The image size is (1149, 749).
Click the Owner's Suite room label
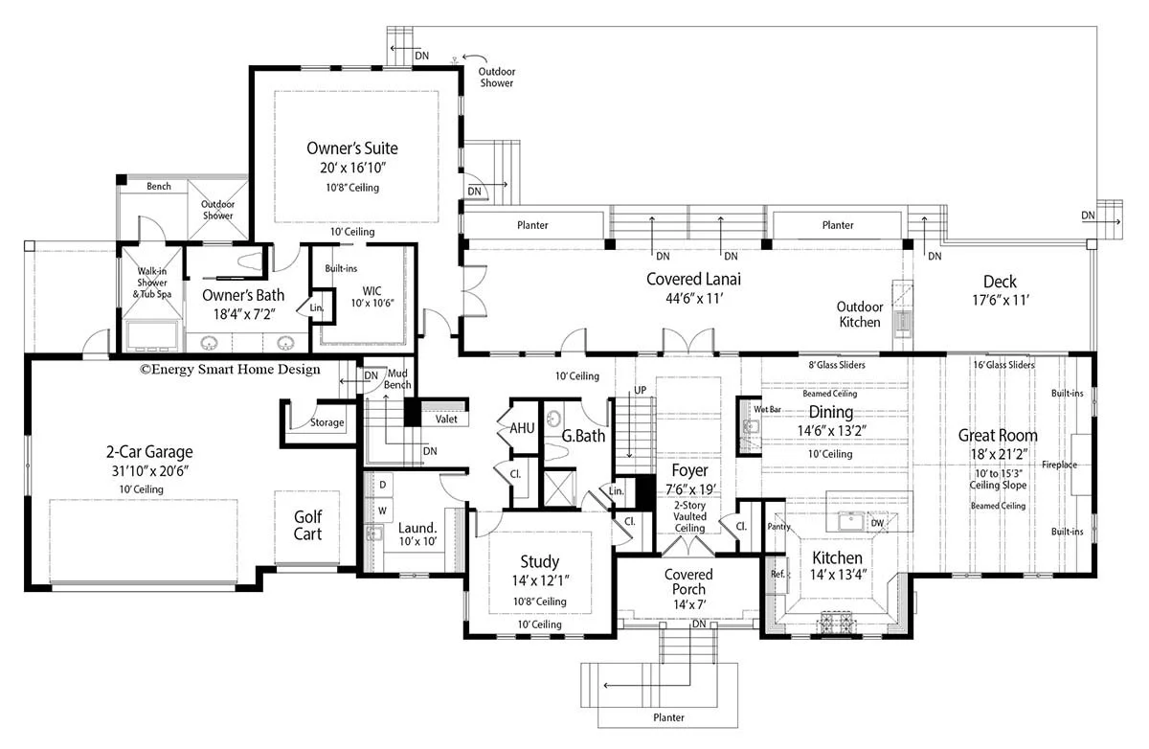point(351,148)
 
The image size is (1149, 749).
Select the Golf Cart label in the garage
point(307,525)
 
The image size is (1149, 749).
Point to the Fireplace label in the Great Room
point(1060,465)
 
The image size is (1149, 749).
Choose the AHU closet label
point(522,428)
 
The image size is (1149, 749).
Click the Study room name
point(540,562)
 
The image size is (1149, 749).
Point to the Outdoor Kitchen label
point(859,314)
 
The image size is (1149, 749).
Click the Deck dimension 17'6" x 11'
point(1000,300)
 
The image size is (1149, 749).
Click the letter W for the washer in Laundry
point(382,510)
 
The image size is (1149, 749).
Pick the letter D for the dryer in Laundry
point(382,486)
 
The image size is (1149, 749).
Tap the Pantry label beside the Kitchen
point(777,526)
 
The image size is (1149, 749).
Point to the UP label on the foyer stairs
point(642,390)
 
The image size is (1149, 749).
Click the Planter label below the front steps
point(663,717)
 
